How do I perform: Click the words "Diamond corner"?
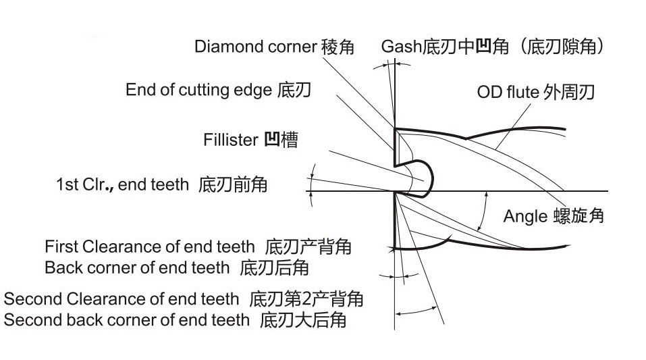click(255, 47)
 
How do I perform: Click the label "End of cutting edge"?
click(198, 90)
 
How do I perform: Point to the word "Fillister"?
click(231, 140)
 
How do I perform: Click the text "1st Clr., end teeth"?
click(122, 184)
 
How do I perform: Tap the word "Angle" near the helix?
click(524, 216)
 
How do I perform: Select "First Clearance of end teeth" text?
click(150, 247)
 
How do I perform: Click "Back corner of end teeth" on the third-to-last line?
click(137, 267)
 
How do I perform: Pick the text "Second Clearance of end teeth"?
click(122, 299)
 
